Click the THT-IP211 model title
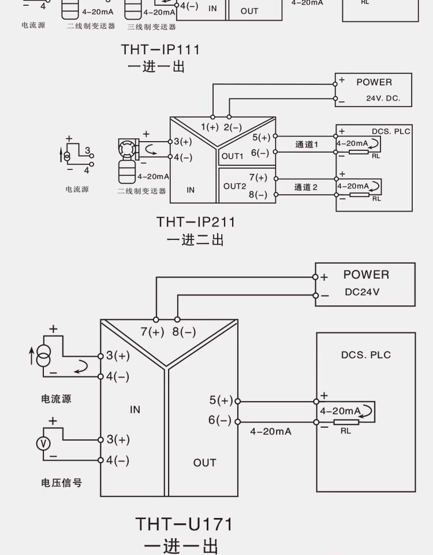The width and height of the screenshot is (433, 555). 196,222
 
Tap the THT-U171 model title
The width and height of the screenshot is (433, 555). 184,524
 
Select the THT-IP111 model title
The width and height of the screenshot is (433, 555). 160,50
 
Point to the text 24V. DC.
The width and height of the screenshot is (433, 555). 383,98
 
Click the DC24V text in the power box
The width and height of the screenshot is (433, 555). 362,292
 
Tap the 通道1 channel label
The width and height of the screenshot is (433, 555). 307,145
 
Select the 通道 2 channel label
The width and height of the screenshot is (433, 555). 306,187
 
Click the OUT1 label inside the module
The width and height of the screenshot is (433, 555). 232,156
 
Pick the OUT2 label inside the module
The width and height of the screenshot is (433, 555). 234,186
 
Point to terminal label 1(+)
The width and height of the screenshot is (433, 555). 210,127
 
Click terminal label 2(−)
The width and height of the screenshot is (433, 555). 233,127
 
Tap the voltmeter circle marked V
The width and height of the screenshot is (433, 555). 43,443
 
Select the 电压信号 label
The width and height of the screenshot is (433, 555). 62,482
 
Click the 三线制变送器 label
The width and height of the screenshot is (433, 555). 152,27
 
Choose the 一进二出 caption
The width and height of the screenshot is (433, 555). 195,240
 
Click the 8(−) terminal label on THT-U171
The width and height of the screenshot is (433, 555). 184,332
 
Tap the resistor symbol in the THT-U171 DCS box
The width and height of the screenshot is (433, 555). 346,422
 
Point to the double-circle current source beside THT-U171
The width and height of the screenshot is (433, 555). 43,356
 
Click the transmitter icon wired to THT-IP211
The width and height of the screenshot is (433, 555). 127,162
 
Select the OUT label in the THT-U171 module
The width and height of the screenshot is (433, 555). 204,462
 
